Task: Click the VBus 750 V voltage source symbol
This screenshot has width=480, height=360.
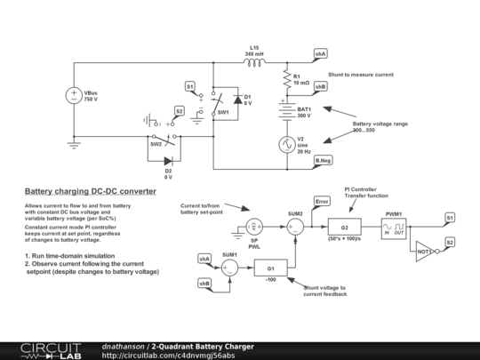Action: pos(74,97)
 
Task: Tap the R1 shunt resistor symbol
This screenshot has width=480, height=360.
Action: pos(287,80)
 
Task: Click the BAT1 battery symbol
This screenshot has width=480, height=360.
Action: pos(287,112)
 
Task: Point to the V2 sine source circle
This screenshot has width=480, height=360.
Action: pos(287,144)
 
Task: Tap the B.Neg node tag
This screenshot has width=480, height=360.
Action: pos(320,160)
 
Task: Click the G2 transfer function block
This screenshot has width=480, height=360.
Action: pos(344,228)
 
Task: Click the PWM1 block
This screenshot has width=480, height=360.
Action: pos(393,228)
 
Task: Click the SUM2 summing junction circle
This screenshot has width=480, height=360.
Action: pos(296,228)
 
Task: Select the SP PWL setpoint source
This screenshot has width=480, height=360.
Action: pos(253,228)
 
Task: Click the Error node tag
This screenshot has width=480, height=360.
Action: pos(322,202)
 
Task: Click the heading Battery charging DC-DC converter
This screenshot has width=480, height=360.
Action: pos(90,191)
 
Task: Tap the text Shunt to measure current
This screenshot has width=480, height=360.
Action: pos(360,75)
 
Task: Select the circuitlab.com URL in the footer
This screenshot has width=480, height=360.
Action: pos(168,355)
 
